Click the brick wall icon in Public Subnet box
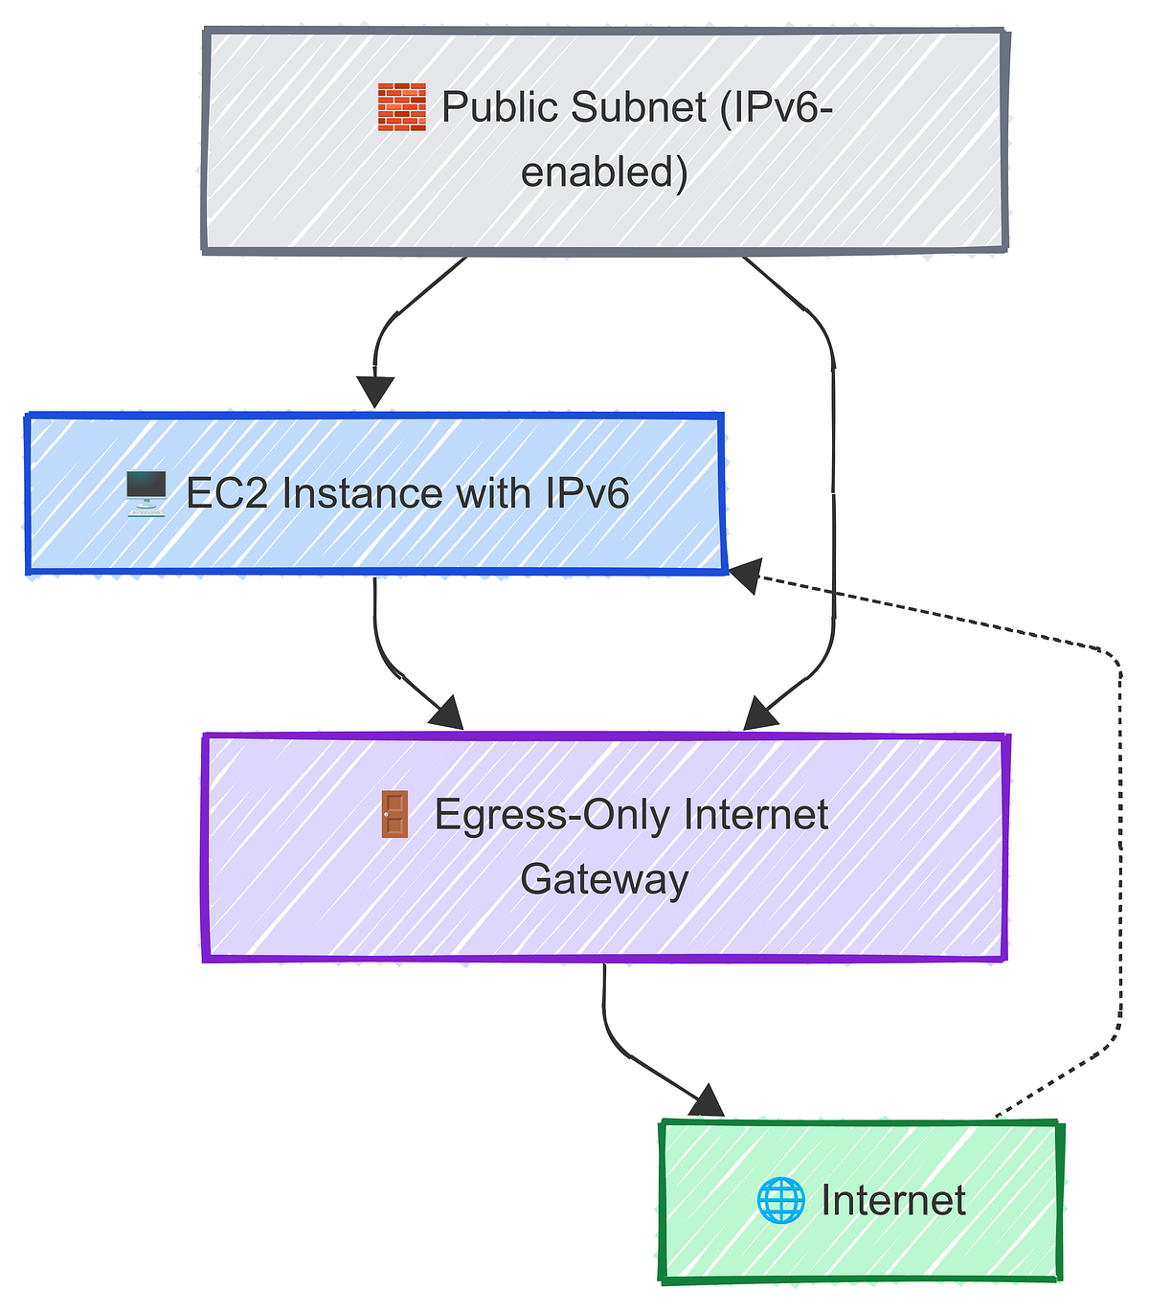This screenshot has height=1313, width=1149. click(401, 107)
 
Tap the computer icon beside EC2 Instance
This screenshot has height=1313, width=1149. click(146, 494)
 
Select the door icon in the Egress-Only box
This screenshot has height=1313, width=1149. click(394, 815)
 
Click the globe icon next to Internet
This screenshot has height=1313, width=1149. click(780, 1200)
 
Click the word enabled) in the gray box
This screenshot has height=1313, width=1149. click(604, 173)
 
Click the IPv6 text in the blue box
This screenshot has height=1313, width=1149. click(587, 494)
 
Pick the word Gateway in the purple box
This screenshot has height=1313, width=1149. click(604, 879)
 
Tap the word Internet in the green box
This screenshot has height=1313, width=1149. click(893, 1200)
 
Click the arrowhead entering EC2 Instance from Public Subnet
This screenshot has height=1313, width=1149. click(375, 392)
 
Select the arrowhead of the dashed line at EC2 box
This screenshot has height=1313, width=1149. click(743, 576)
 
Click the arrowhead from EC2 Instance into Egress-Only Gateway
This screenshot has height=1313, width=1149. click(446, 714)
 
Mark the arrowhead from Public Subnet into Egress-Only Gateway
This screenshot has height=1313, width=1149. click(760, 714)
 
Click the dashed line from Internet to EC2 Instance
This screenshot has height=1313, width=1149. click(1119, 862)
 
